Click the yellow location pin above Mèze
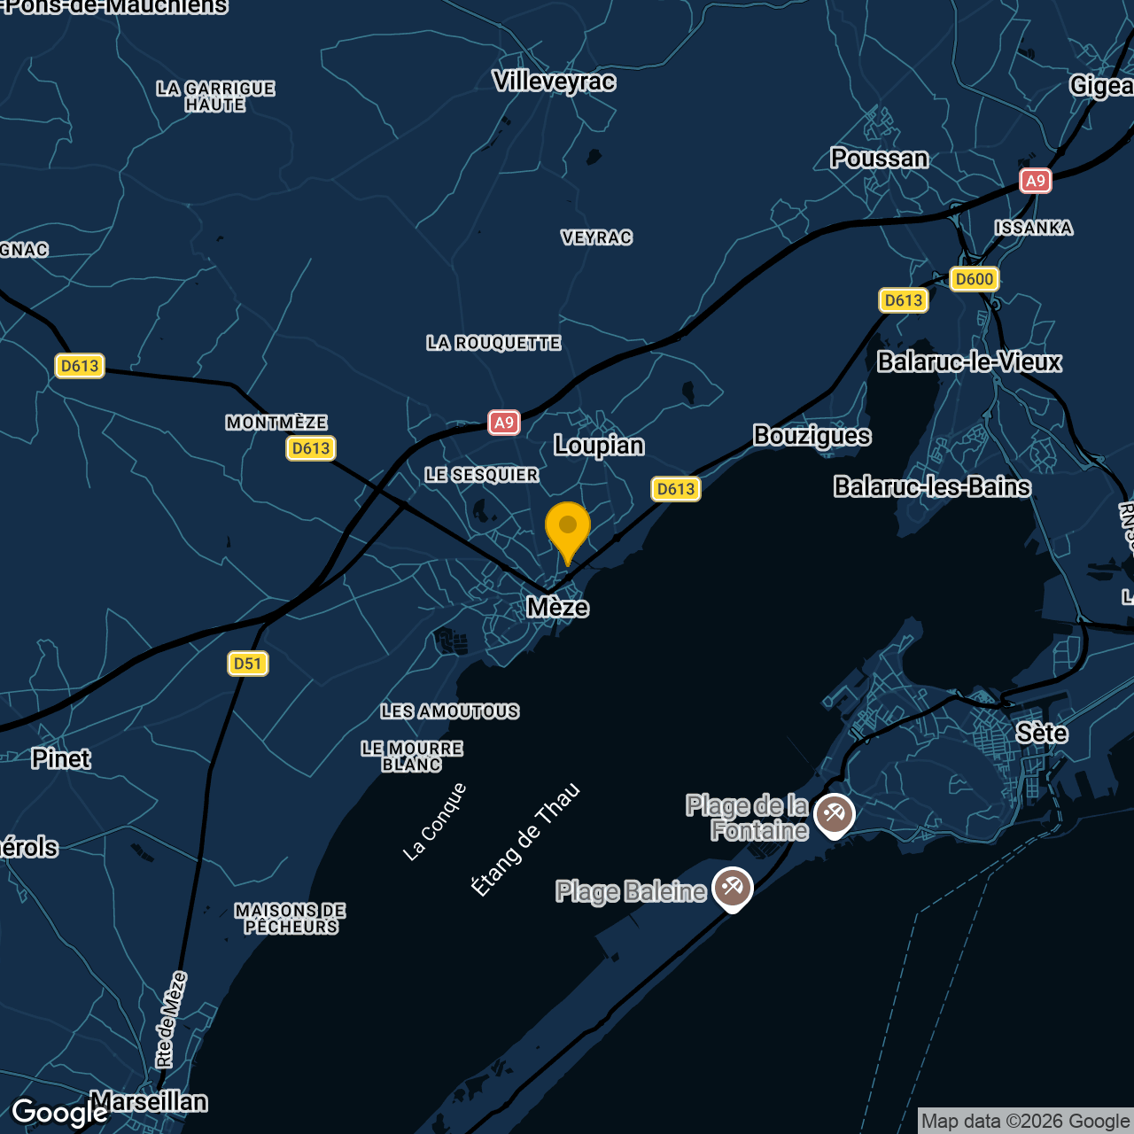click(x=568, y=527)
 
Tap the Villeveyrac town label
click(x=554, y=82)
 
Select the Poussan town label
click(x=879, y=159)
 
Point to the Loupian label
click(x=599, y=445)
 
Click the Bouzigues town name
click(x=812, y=435)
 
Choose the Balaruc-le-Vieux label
click(x=968, y=361)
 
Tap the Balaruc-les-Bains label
click(x=932, y=486)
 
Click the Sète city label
click(x=1041, y=733)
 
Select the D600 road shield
click(x=974, y=279)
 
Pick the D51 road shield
click(x=247, y=664)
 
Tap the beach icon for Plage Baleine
click(x=733, y=888)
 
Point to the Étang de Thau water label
click(x=525, y=839)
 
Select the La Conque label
click(x=434, y=821)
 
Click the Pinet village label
click(x=61, y=758)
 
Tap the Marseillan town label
click(x=150, y=1101)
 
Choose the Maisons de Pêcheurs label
click(x=291, y=919)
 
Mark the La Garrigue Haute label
click(x=215, y=97)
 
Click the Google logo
click(x=59, y=1113)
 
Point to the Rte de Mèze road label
click(x=171, y=1019)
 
